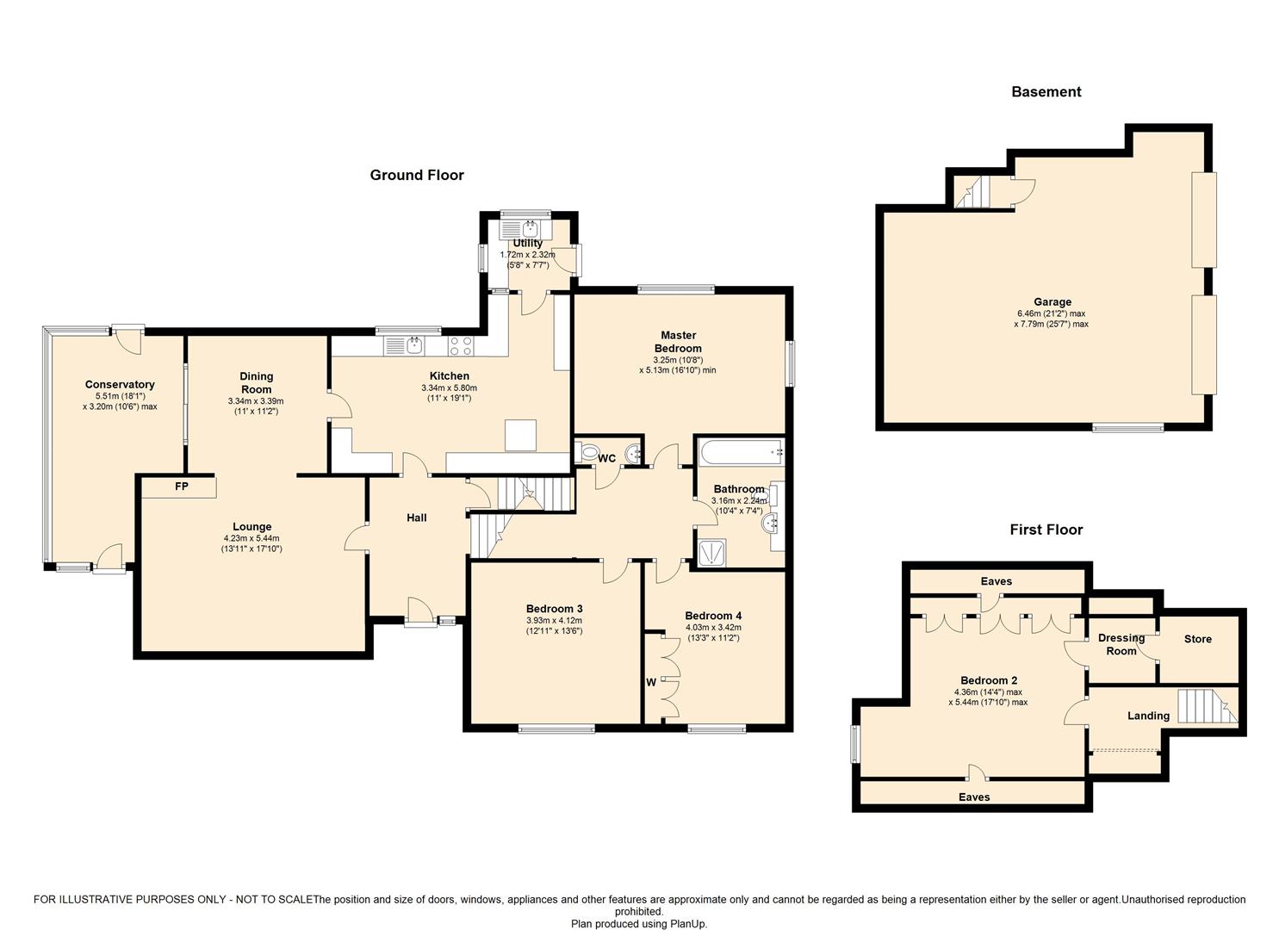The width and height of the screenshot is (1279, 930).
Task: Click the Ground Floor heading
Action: pyautogui.click(x=417, y=176)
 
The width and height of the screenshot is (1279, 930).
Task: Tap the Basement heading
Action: pyautogui.click(x=1046, y=92)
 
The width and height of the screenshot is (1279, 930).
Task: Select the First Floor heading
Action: pyautogui.click(x=1046, y=530)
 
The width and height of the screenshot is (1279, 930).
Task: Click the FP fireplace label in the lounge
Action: pyautogui.click(x=182, y=487)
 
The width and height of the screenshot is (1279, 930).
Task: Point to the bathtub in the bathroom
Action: pyautogui.click(x=741, y=451)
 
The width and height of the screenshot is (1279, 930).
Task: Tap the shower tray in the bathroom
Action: pyautogui.click(x=712, y=552)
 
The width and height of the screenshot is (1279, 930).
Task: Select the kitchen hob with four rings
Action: pyautogui.click(x=461, y=345)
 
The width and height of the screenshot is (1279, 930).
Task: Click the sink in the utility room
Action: pyautogui.click(x=526, y=230)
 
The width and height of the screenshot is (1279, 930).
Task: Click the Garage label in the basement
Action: pyautogui.click(x=1052, y=302)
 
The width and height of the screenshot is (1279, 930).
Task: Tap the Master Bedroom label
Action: pyautogui.click(x=679, y=341)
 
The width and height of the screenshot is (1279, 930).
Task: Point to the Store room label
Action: pyautogui.click(x=1197, y=639)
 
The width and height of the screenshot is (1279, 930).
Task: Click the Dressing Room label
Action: pyautogui.click(x=1121, y=645)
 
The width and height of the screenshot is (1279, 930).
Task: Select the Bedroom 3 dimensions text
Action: pyautogui.click(x=555, y=626)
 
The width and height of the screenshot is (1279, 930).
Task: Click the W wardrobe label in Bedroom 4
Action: pyautogui.click(x=651, y=682)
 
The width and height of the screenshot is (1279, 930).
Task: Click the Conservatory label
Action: pyautogui.click(x=120, y=385)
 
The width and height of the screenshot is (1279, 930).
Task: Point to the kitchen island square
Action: pyautogui.click(x=521, y=436)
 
